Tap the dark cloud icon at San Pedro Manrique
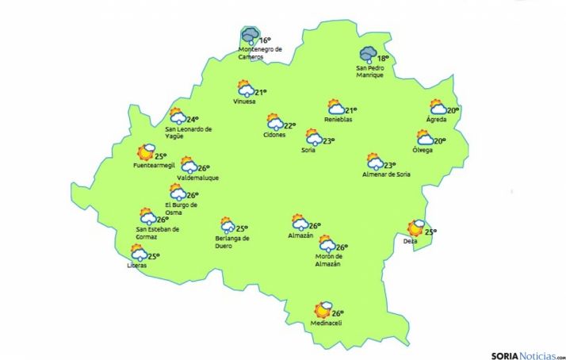pyautogui.click(x=368, y=55)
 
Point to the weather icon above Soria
pyautogui.click(x=313, y=137)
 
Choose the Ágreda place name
pyautogui.click(x=436, y=120)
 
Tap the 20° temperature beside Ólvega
pyautogui.click(x=440, y=141)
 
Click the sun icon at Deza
pyautogui.click(x=416, y=228)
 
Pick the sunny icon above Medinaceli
pyautogui.click(x=323, y=309)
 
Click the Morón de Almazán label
pyautogui.click(x=327, y=260)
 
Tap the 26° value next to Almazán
pyautogui.click(x=314, y=225)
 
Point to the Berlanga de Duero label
pyautogui.click(x=232, y=241)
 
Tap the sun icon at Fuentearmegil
pyautogui.click(x=146, y=152)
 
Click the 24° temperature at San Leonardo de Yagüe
pyautogui.click(x=192, y=120)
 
